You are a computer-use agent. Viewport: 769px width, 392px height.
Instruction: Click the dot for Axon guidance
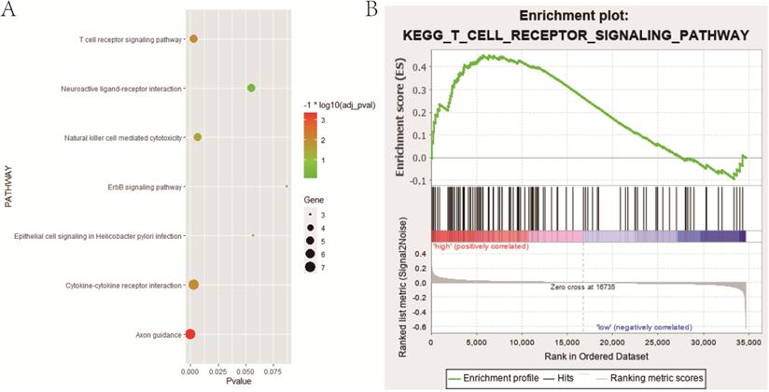pyautogui.click(x=190, y=334)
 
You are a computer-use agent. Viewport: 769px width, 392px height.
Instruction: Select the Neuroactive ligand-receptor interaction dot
pyautogui.click(x=251, y=88)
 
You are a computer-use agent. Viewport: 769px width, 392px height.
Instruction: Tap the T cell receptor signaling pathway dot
pyautogui.click(x=193, y=39)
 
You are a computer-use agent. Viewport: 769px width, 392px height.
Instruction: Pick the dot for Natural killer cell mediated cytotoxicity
pyautogui.click(x=197, y=137)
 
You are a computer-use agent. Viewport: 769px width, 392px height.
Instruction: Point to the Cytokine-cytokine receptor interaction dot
pyautogui.click(x=193, y=285)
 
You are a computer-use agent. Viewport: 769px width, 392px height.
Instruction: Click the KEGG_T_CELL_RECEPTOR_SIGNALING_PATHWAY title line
pyautogui.click(x=576, y=35)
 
